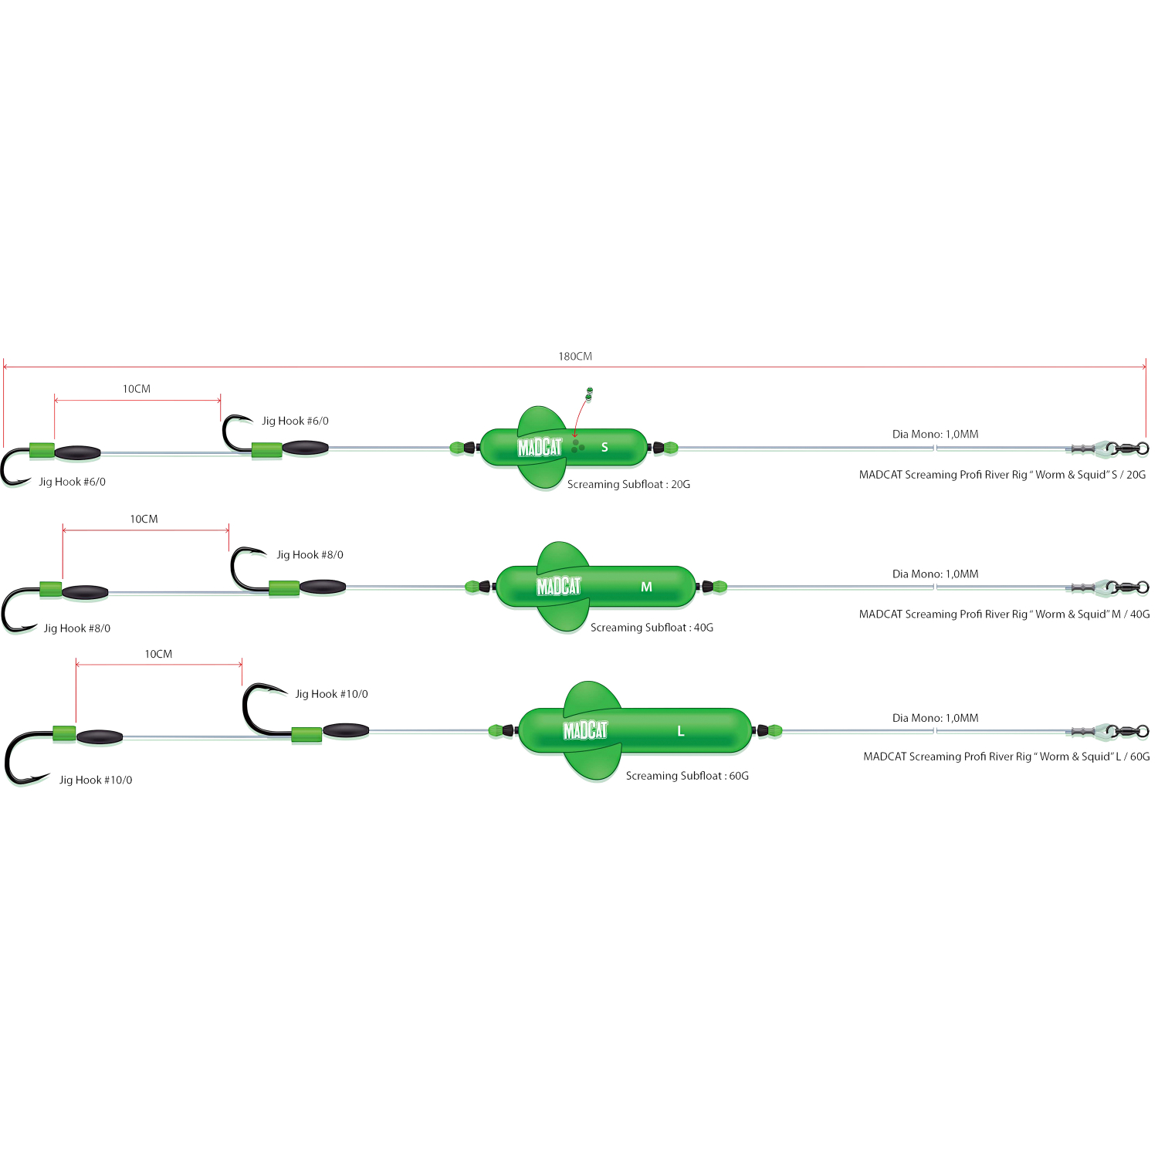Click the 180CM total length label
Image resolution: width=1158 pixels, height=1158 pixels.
pos(575,357)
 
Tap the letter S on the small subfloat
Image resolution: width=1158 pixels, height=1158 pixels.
pos(604,447)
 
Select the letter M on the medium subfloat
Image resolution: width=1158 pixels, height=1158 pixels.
pos(646,587)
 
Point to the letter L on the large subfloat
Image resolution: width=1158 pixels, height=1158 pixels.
pos(680,731)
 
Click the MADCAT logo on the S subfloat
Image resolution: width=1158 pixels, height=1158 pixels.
pos(540,447)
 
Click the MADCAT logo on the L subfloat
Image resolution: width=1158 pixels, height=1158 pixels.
pos(585,730)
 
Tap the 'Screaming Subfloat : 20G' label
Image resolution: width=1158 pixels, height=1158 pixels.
pos(628,485)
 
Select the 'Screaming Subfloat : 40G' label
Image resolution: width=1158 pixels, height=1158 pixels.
pos(652,628)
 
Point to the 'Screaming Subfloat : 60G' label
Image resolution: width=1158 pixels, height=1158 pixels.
pos(687,776)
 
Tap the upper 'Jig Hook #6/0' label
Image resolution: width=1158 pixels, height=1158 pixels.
pos(295,421)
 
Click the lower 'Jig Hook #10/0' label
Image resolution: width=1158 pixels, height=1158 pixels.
pos(96,780)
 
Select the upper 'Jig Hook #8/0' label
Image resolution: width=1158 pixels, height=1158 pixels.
pos(310,554)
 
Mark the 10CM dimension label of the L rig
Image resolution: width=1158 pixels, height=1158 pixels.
pos(158,654)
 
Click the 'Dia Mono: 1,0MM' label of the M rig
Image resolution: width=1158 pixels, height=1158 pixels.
pos(935,574)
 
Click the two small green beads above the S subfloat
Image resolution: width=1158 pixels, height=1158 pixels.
pos(589,394)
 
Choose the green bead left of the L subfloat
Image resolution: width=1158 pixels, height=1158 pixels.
pos(496,730)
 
